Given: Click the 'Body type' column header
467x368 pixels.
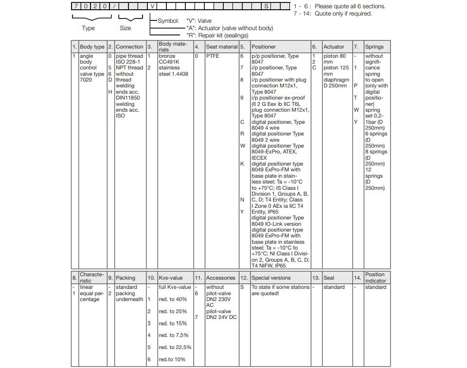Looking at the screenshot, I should (92, 47).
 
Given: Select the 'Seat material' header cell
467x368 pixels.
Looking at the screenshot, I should (221, 47).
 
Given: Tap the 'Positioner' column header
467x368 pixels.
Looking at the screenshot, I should (264, 47).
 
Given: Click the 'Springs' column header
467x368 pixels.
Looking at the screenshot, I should (374, 47).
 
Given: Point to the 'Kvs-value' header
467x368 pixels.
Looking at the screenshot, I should (171, 278).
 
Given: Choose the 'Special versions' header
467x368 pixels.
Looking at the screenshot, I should (271, 278).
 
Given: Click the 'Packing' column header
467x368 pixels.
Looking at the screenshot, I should (126, 278).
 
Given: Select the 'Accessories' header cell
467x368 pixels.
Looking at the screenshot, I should (220, 278).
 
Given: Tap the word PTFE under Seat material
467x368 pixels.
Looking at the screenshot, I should (213, 56).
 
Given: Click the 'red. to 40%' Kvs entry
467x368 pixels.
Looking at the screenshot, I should (173, 300).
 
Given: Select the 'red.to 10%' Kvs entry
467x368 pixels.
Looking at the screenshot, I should (172, 360).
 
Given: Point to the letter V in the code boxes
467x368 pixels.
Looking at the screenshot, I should (152, 6).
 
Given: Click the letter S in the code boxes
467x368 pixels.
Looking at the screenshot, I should (266, 6).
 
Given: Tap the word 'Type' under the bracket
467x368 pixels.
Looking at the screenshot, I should (88, 28).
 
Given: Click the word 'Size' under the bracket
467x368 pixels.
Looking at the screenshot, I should (126, 28).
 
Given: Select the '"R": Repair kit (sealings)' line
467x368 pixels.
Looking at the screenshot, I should (217, 35).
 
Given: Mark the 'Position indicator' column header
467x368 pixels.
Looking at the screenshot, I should (375, 278).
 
